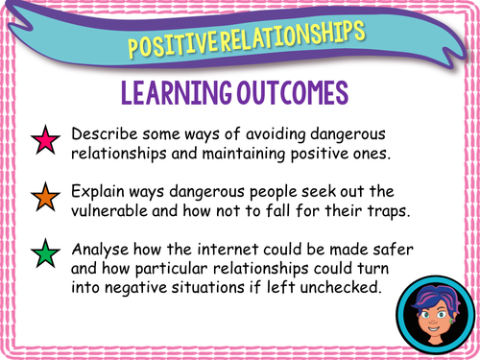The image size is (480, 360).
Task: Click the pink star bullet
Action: pyautogui.click(x=45, y=141)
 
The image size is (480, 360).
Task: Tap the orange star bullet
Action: pyautogui.click(x=45, y=199)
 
